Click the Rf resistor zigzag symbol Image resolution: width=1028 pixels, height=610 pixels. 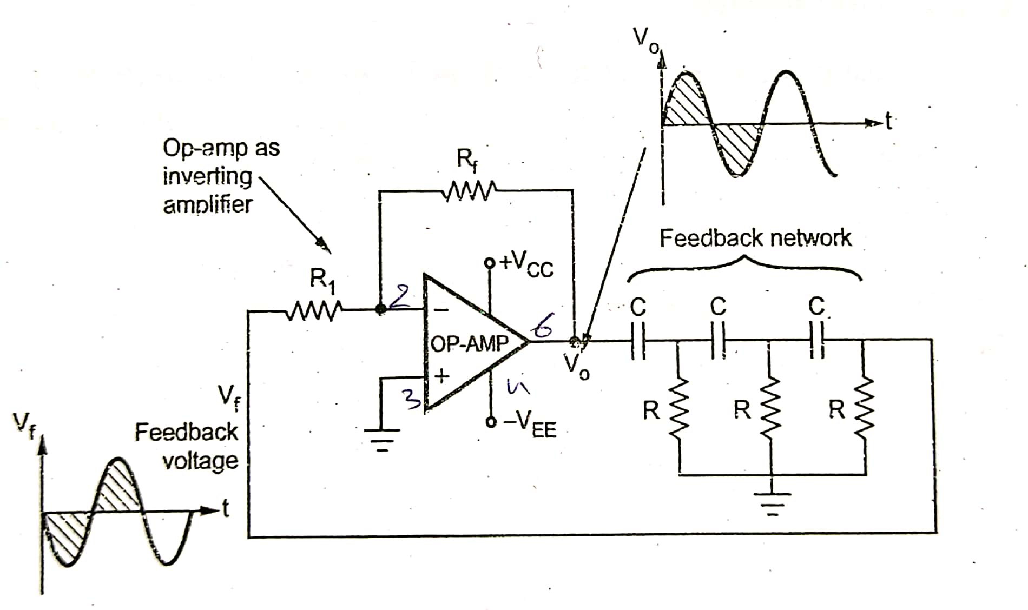(469, 191)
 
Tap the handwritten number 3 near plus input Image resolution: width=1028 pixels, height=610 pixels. (413, 401)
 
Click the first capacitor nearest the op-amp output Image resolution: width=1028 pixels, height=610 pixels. (638, 340)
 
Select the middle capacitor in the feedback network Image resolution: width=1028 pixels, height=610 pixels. (718, 340)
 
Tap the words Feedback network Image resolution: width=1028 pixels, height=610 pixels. (755, 238)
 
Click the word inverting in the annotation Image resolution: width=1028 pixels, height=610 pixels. (207, 176)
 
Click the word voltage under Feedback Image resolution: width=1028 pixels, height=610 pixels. (200, 461)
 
